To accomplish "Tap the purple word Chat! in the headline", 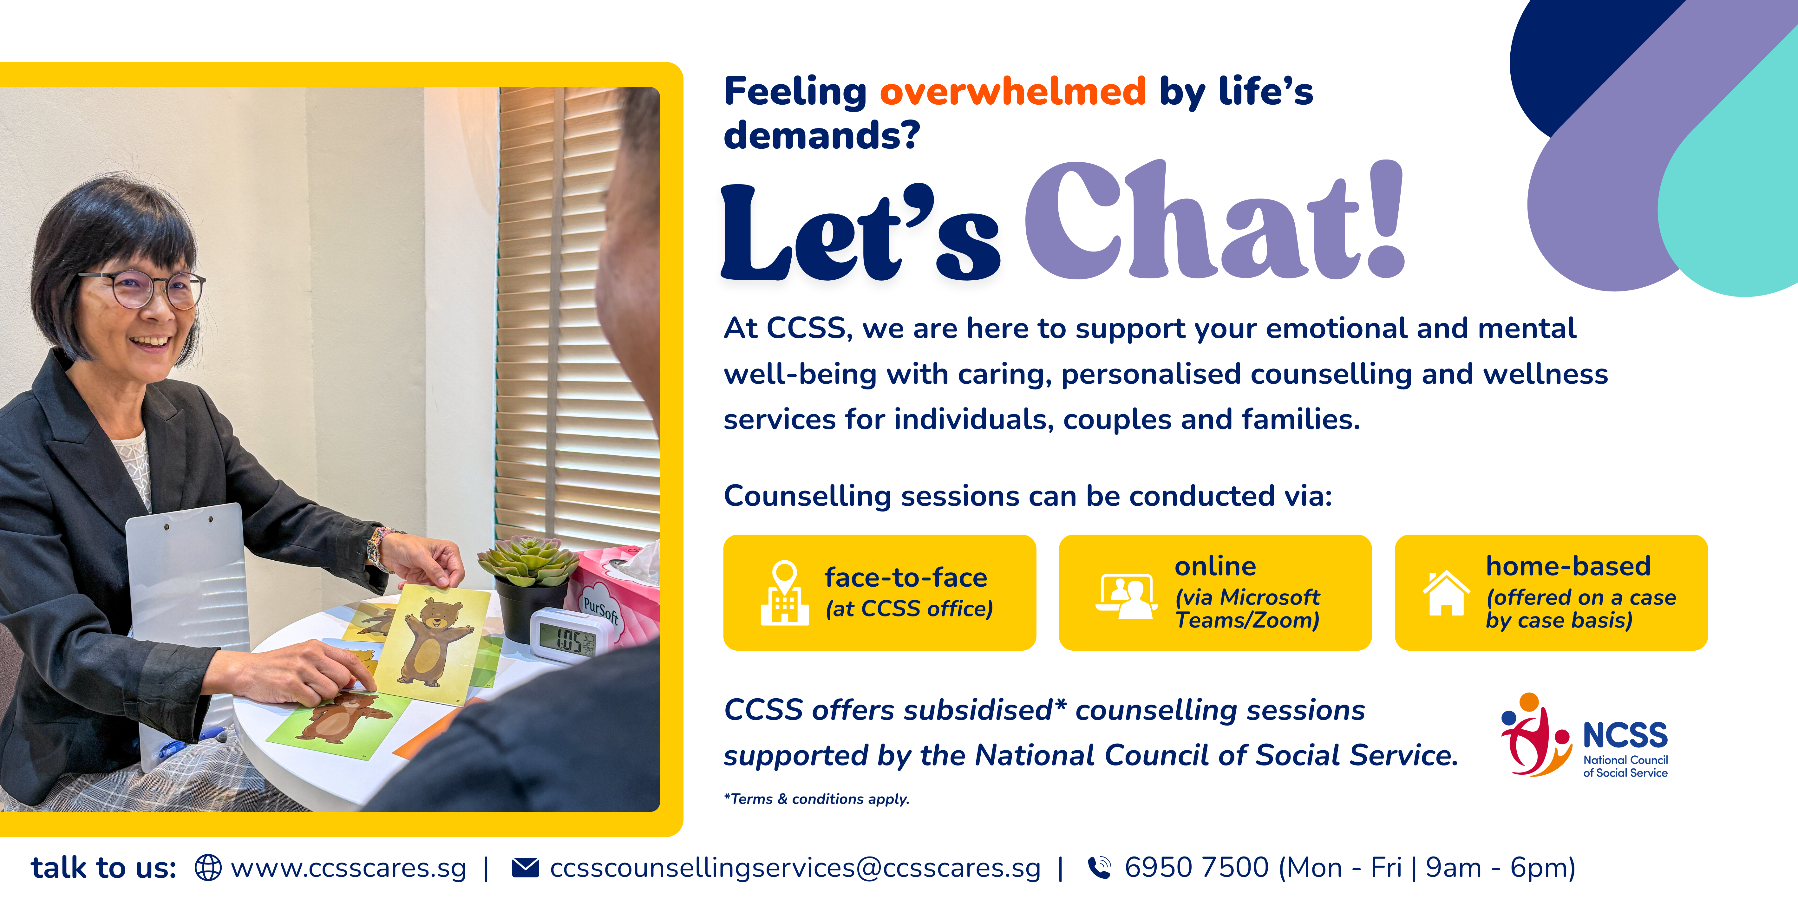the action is pos(1214,220).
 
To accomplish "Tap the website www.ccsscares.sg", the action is pos(348,868).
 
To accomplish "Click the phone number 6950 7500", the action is pos(1196,868).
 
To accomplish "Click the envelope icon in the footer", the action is pos(526,868).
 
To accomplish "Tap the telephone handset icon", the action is pos(1100,868).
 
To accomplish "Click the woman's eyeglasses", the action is pos(143,288).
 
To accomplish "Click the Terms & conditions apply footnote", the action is pos(817,799).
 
